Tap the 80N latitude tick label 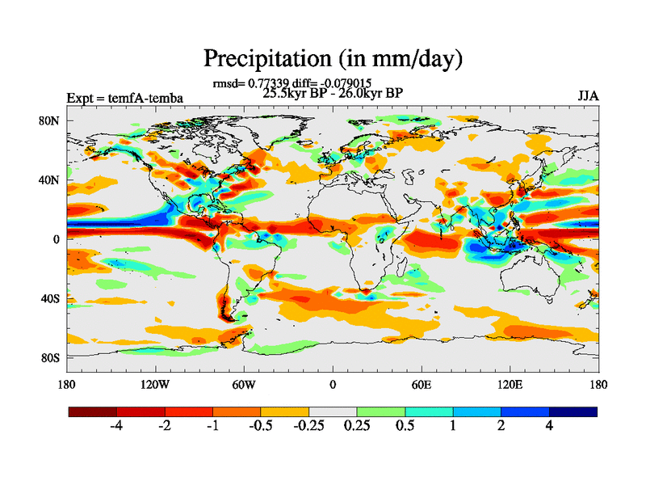point(50,120)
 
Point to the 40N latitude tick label point(50,180)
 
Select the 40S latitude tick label point(50,298)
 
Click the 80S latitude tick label point(50,357)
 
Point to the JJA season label point(588,96)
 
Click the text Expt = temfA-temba point(124,99)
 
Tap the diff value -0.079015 point(348,82)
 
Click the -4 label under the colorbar point(116,427)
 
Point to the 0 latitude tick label point(57,239)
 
